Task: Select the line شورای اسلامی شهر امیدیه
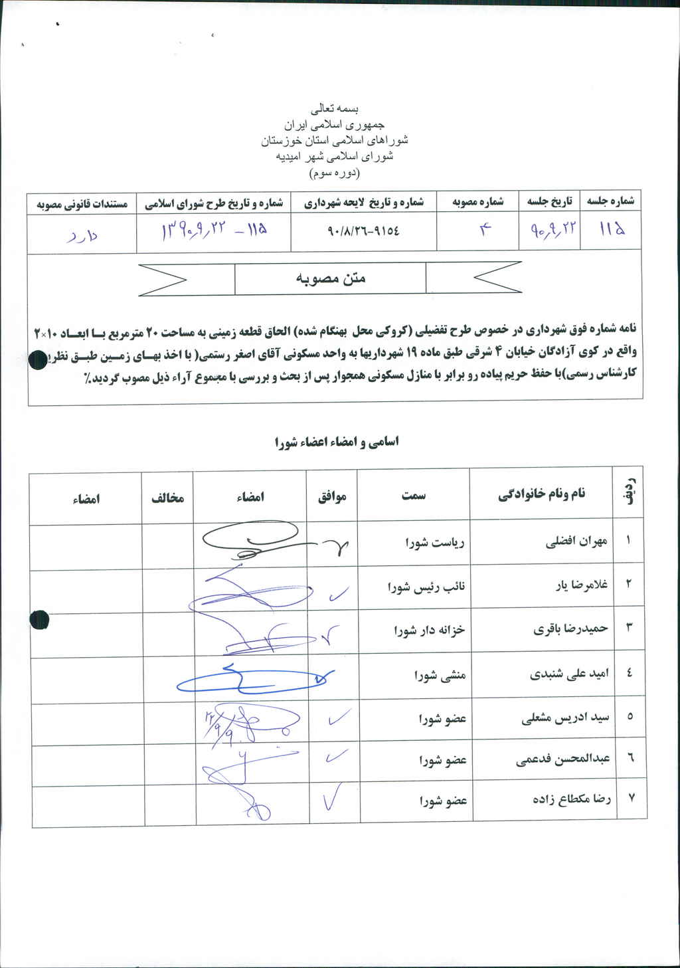pos(335,157)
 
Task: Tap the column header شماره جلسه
pos(610,200)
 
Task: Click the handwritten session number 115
pos(612,230)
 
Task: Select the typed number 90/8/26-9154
pos(364,231)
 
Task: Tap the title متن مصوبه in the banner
pos(331,278)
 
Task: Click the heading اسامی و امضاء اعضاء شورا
pos(337,442)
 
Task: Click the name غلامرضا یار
pos(581,585)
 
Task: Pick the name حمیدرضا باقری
pos(570,629)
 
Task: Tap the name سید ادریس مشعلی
pos(565,718)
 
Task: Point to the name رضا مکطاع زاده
pos(571,799)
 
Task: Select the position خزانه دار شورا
pos(429,630)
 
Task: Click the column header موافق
pos(332,496)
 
